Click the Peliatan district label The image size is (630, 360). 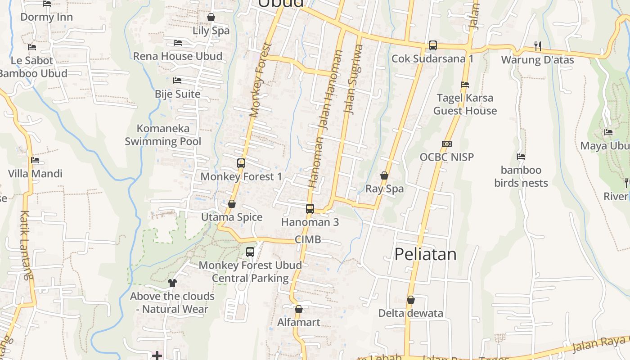[x=425, y=254]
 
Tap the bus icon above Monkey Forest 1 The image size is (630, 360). [x=241, y=163]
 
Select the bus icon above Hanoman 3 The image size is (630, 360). [x=310, y=209]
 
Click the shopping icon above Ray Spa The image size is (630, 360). [x=384, y=175]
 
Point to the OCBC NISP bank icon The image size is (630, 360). [x=446, y=144]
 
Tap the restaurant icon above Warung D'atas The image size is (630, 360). [x=537, y=46]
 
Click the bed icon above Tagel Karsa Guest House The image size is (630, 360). [x=465, y=85]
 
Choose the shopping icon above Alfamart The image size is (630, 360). [x=298, y=309]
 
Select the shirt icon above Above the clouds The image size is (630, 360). [x=172, y=283]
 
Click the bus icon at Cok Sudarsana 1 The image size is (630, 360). [x=432, y=45]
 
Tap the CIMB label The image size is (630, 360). [x=308, y=239]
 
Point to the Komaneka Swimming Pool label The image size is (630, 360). [x=163, y=135]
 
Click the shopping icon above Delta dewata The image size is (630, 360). [x=410, y=300]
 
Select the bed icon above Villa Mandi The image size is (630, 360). [x=35, y=160]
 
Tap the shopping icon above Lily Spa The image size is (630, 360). [x=211, y=18]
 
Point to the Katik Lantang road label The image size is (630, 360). [x=26, y=245]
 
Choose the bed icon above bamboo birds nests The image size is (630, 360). [x=521, y=157]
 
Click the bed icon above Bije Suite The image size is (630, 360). [x=177, y=81]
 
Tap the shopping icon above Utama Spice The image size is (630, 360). [x=232, y=204]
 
